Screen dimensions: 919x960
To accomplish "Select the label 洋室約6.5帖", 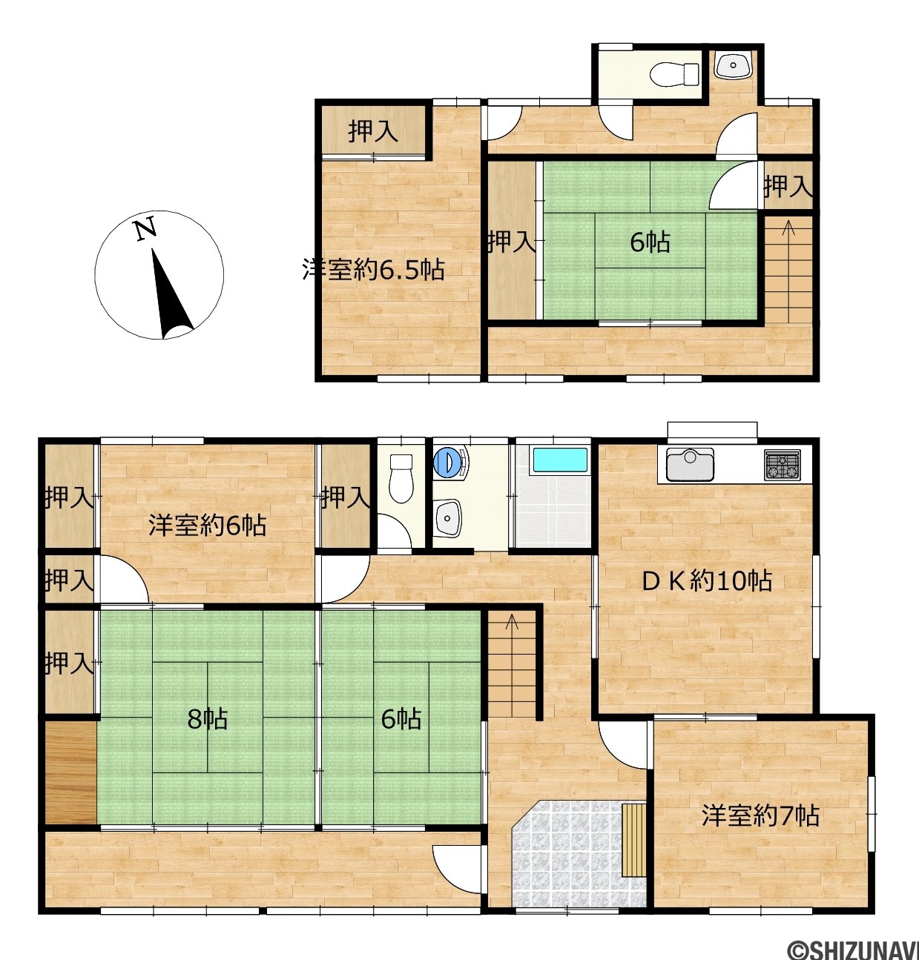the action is point(374,270).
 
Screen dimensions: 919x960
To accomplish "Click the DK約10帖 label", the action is point(707,581).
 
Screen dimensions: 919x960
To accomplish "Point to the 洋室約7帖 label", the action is point(760,816).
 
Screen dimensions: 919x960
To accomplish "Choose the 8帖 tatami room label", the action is point(207,720).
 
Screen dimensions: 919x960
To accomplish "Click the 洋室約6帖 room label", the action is point(208,526).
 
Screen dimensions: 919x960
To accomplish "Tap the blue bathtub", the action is point(559,460).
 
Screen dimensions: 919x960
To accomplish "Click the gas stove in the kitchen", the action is point(783,465).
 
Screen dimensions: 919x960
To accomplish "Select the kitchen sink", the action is point(690,464).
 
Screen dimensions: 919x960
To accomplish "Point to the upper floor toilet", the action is point(674,75).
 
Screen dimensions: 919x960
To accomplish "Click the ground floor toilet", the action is point(401,478).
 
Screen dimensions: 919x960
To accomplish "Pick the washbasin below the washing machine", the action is point(448,518).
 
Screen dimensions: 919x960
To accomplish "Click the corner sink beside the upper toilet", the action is point(733,65).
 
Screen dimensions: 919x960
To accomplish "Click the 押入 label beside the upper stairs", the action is point(788,187).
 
